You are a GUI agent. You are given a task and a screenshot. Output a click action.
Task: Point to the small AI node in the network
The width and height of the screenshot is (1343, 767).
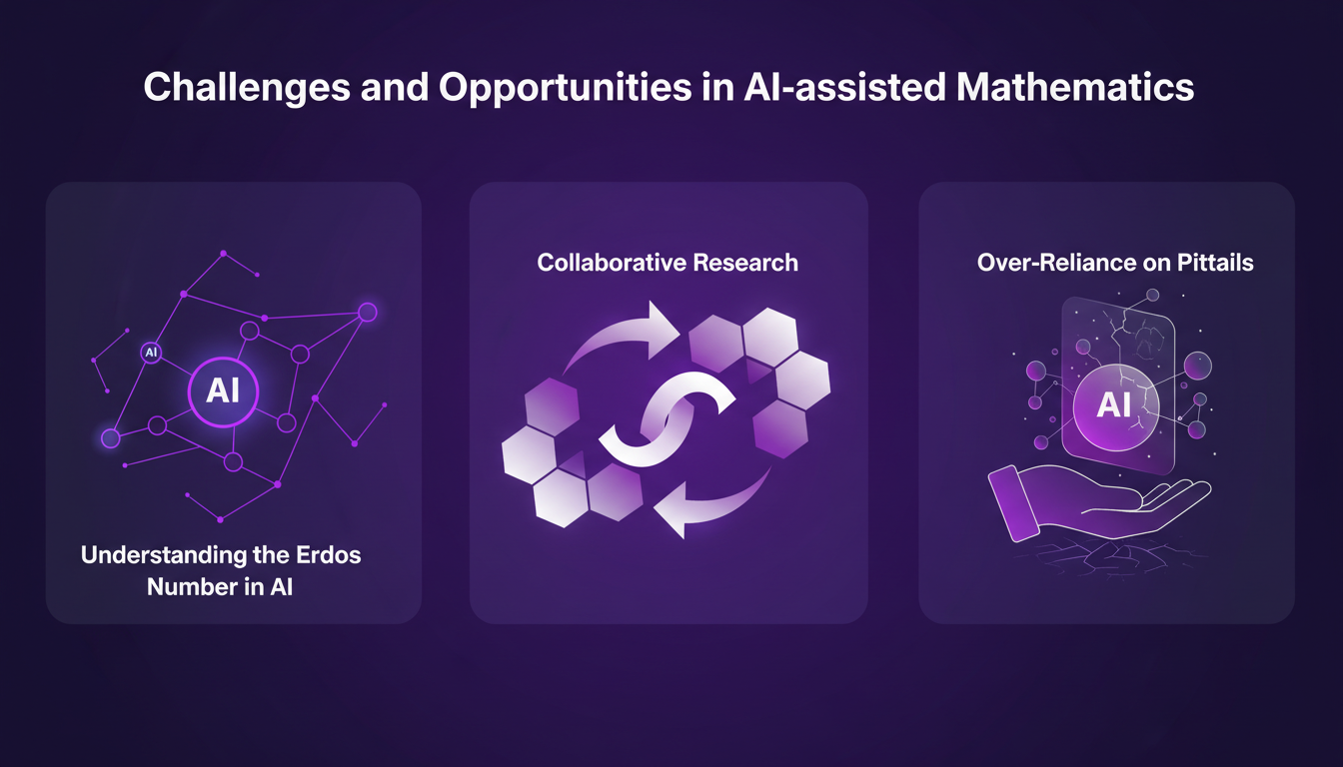[151, 352]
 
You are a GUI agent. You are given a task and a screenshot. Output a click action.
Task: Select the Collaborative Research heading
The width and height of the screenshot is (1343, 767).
[668, 263]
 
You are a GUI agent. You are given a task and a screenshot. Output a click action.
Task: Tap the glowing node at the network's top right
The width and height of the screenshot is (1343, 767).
[367, 312]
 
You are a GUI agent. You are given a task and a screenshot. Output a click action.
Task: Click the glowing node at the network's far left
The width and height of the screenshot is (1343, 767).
[110, 437]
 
